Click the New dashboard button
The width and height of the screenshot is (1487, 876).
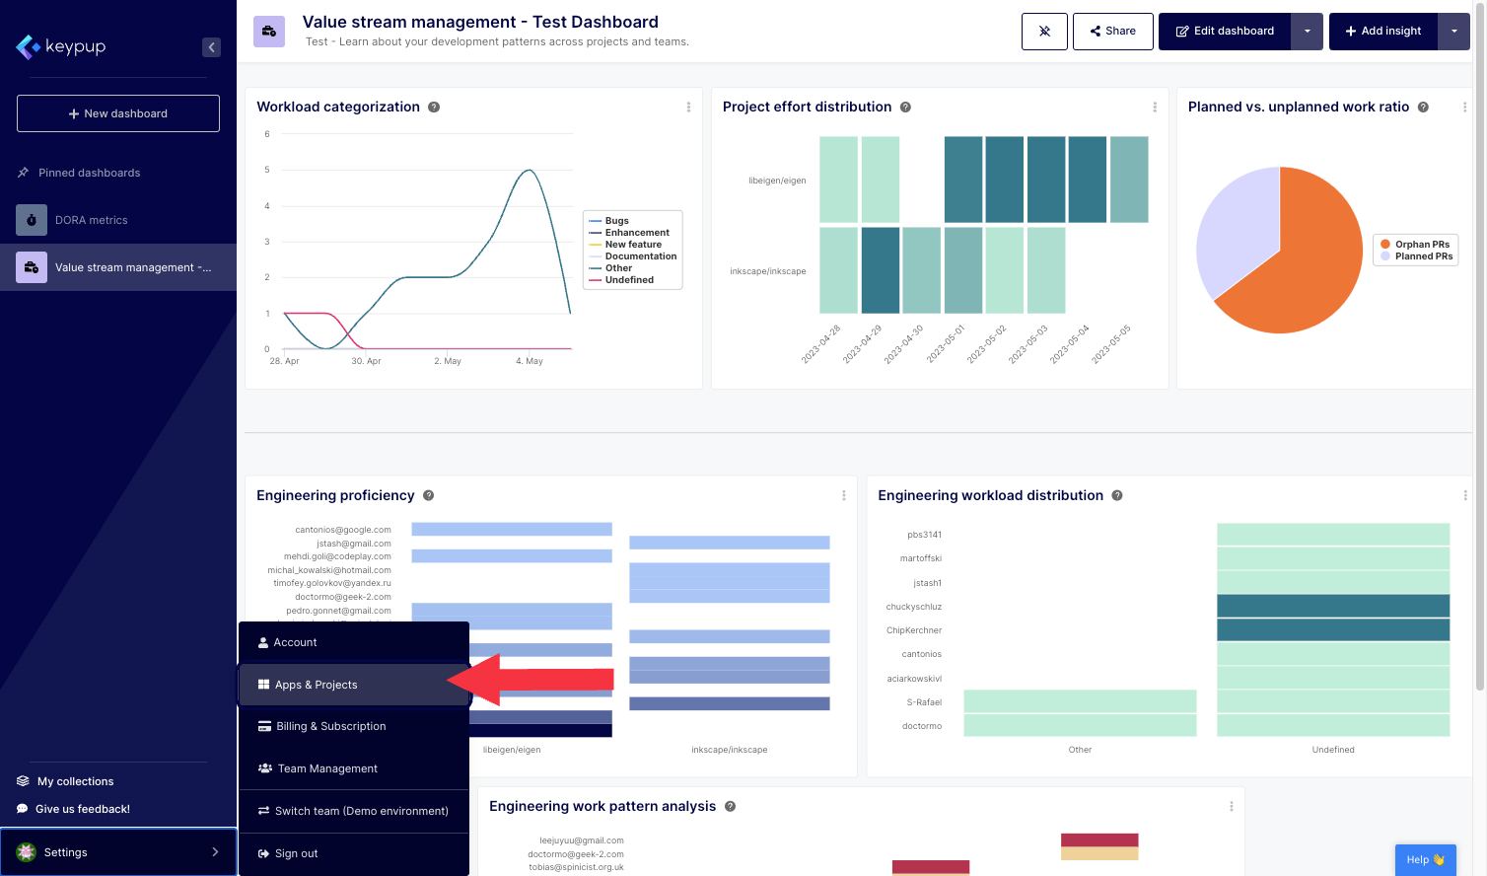118,113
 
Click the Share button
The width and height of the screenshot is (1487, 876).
1112,32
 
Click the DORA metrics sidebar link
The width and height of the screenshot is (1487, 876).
92,220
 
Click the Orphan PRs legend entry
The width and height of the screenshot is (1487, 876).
1421,245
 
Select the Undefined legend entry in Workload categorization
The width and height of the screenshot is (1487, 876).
629,280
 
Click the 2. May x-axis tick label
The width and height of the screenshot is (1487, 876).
448,361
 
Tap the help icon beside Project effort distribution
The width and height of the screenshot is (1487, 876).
905,108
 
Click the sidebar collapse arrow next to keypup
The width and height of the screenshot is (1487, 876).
211,47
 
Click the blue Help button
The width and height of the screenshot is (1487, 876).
1425,859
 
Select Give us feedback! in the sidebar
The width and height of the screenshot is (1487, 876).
83,809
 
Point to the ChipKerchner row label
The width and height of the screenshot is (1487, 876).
913,630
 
